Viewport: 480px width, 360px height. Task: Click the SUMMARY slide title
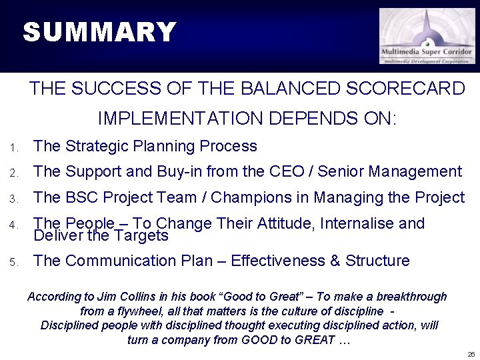[x=99, y=32]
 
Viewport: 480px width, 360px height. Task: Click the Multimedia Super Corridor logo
[x=427, y=36]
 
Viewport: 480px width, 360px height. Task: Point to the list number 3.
[x=13, y=199]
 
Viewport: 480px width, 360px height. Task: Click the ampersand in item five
[x=335, y=261]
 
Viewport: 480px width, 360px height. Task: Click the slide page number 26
[x=470, y=353]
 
